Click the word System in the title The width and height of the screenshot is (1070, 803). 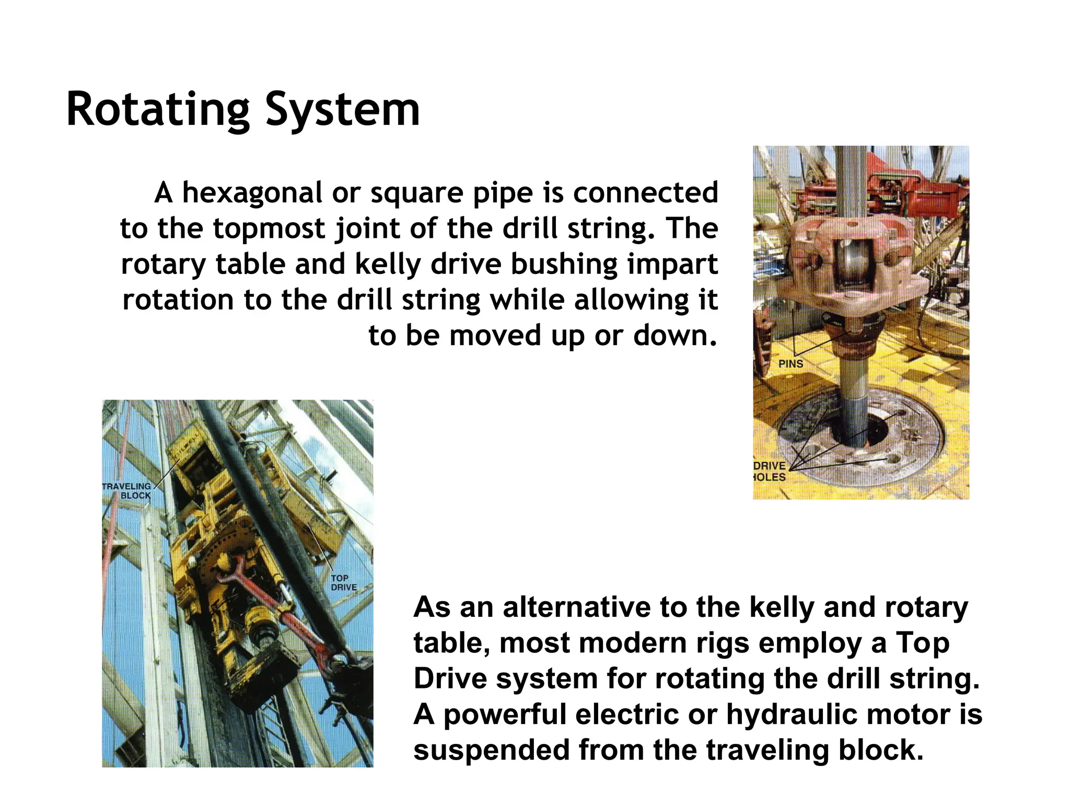click(x=342, y=110)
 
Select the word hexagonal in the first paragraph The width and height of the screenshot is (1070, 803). click(x=252, y=193)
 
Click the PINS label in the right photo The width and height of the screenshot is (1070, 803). click(x=790, y=364)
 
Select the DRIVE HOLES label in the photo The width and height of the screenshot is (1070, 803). click(x=770, y=471)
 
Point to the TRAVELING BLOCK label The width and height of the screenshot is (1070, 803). click(x=127, y=491)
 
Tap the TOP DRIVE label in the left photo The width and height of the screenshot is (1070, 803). click(x=343, y=583)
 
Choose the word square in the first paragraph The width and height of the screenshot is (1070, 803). click(x=416, y=193)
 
